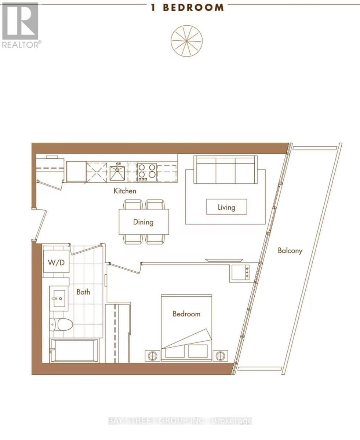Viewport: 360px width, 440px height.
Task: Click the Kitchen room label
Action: [125, 191]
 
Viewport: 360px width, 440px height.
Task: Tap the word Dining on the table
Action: [143, 222]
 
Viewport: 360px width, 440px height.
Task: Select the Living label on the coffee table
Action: [226, 208]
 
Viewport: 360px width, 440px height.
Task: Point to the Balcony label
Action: [290, 250]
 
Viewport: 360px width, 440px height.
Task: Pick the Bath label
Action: [83, 292]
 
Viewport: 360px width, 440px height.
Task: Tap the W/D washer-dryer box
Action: [56, 261]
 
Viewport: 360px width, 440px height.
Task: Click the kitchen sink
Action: [117, 173]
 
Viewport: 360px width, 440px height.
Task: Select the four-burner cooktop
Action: [147, 172]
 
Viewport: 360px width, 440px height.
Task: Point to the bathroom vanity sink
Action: [59, 299]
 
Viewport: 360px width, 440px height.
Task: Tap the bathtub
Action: [74, 351]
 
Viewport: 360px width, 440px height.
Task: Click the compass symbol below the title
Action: [187, 41]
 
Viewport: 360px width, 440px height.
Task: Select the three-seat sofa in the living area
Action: [225, 170]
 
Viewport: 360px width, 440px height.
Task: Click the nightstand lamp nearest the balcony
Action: [220, 356]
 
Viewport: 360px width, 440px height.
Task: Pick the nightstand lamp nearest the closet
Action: [153, 356]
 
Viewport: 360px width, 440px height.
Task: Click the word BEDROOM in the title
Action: [193, 8]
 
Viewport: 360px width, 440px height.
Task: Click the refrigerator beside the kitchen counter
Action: [76, 172]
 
